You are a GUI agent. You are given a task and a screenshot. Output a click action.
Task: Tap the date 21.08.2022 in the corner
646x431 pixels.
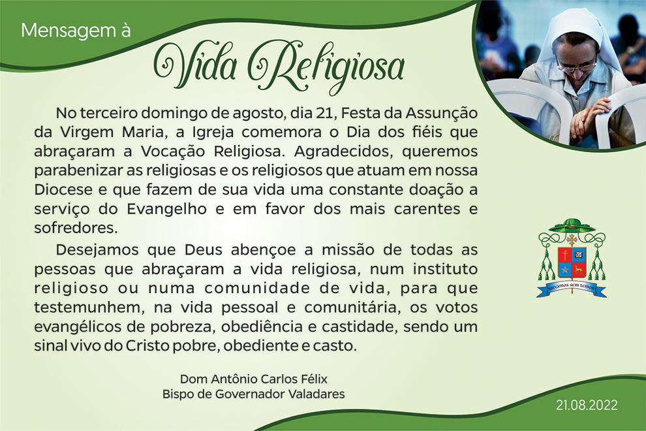point(587,405)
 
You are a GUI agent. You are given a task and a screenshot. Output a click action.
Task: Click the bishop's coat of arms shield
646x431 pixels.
point(572,263)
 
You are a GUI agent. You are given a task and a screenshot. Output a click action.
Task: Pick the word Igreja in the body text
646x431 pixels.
point(213,133)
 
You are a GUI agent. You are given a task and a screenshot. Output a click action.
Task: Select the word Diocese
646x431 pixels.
point(63,190)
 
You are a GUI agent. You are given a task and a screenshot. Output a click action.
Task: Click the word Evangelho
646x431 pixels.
point(166,209)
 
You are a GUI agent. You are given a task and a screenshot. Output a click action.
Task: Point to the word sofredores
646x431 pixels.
point(76,228)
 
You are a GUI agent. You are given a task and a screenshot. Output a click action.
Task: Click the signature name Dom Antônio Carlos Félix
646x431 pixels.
point(254,379)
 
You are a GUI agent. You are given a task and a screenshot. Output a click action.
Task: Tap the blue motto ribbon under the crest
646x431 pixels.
point(572,288)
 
